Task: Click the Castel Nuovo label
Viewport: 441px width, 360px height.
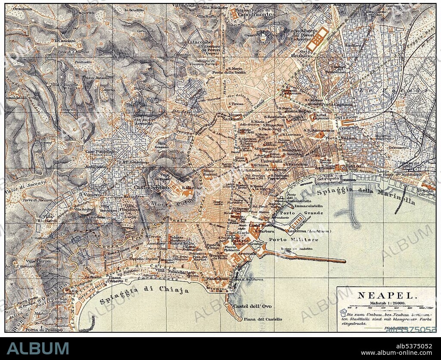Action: [x=259, y=225]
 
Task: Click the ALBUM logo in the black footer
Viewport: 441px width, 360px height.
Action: [x=37, y=348]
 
